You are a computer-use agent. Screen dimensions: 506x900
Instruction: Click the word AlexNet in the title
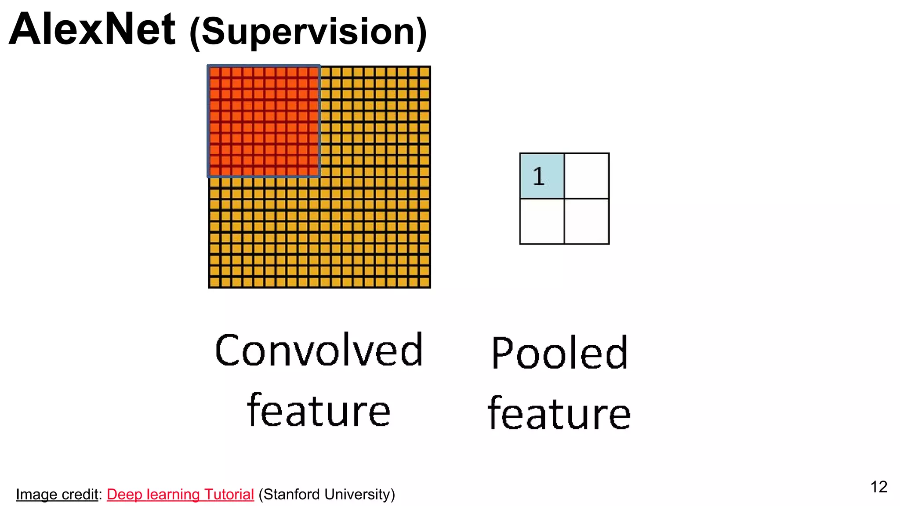point(92,30)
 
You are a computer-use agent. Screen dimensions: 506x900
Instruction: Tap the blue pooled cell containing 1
point(542,176)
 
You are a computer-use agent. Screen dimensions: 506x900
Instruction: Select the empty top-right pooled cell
point(587,176)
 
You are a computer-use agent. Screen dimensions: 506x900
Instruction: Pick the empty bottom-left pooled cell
point(542,221)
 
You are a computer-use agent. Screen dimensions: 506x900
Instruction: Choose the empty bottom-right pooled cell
point(587,221)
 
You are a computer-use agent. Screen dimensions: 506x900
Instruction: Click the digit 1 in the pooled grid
point(539,177)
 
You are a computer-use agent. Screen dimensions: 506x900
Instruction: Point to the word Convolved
point(319,350)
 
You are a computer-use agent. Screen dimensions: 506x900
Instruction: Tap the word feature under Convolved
point(319,411)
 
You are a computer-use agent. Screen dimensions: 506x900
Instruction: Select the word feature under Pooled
point(559,413)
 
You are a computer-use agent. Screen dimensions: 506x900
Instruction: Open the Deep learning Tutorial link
point(180,495)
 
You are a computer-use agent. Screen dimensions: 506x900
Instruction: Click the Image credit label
point(57,495)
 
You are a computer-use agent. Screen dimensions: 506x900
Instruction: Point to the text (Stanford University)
point(327,495)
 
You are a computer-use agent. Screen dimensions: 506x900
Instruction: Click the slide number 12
point(878,487)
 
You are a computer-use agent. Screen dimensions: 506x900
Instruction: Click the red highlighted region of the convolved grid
point(264,122)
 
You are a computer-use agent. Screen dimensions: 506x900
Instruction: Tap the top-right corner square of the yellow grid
point(425,72)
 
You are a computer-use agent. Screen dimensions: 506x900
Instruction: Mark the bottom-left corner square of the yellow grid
point(215,282)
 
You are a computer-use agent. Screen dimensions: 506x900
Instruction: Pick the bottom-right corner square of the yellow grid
point(425,282)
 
